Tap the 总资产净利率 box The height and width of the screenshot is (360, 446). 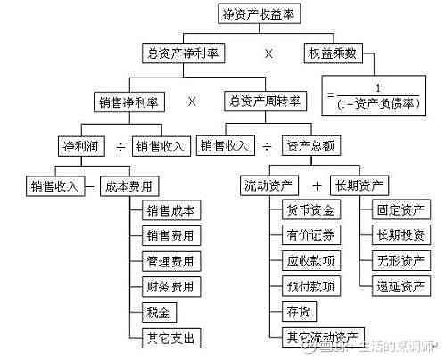pyautogui.click(x=183, y=53)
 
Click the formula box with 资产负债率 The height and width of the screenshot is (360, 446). pyautogui.click(x=372, y=94)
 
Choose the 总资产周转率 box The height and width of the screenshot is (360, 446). pyautogui.click(x=265, y=101)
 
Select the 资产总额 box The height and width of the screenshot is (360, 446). pyautogui.click(x=310, y=144)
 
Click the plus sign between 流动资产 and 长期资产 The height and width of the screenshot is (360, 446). pyautogui.click(x=316, y=186)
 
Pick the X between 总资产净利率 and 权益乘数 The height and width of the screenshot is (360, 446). pyautogui.click(x=268, y=53)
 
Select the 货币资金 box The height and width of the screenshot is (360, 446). pyautogui.click(x=310, y=211)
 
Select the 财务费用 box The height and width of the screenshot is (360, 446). pyautogui.click(x=170, y=286)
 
